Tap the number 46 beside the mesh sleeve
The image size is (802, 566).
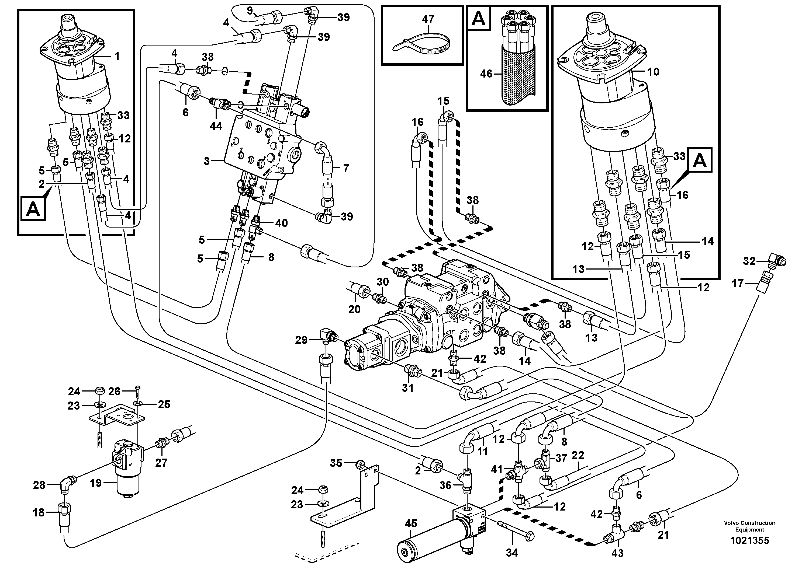pos(486,74)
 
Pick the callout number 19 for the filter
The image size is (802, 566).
pos(95,483)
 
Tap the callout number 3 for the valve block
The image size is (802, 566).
pos(207,161)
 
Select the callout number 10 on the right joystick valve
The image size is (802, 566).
pos(653,72)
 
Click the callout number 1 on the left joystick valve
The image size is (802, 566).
pos(117,56)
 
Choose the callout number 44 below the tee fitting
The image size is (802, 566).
pos(216,126)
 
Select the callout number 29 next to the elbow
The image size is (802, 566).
pos(301,340)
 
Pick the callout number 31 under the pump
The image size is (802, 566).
pos(407,388)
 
